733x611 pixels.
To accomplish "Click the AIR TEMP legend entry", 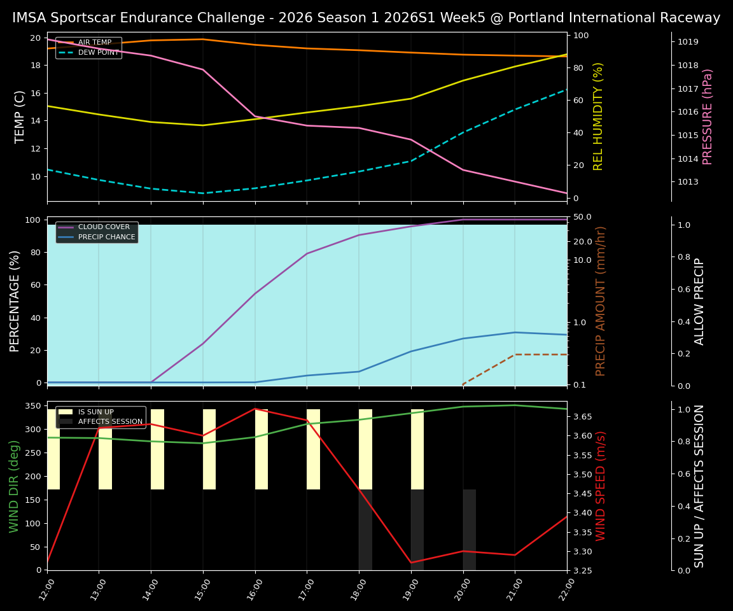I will (94, 43).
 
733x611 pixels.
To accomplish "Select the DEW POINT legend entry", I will (98, 53).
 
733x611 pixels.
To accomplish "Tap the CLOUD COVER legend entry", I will (103, 227).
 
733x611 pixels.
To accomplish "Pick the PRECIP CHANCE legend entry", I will (106, 237).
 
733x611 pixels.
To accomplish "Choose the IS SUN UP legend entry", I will (95, 412).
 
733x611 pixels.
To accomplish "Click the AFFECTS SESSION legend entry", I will (109, 422).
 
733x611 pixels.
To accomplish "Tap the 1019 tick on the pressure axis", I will (688, 42).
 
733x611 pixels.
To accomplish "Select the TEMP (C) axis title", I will (20, 116).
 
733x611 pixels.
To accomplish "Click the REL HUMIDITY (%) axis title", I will (598, 116).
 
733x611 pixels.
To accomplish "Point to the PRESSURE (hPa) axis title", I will (708, 116).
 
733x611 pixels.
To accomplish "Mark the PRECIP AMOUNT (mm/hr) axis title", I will (601, 301).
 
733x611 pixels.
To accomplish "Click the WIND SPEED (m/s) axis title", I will (601, 486).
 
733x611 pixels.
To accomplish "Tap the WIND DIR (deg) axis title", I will (14, 486).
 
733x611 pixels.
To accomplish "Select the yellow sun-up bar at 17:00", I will (313, 449).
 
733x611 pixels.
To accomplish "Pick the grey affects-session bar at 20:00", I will (470, 530).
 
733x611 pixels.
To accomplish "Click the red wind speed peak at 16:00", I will (255, 409).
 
